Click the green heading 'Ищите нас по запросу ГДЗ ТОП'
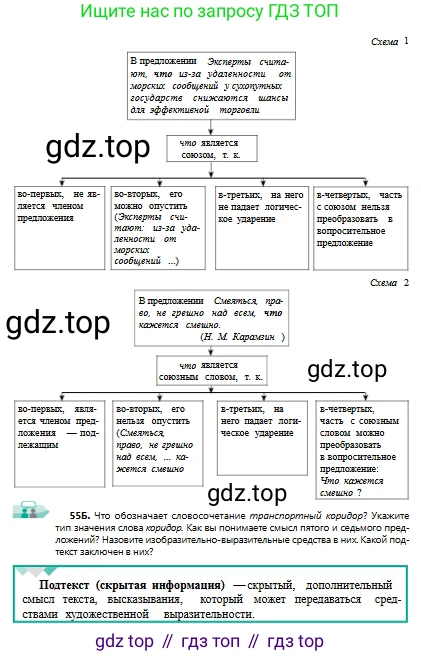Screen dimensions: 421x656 (209, 11)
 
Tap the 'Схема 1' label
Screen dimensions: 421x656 (390, 41)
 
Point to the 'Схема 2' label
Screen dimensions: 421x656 (389, 283)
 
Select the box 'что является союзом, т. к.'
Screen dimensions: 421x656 (212, 149)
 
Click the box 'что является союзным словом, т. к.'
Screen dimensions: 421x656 (211, 371)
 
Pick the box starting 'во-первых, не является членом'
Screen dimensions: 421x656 (59, 228)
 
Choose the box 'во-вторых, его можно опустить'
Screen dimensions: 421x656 (158, 228)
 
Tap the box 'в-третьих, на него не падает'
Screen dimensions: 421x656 (262, 228)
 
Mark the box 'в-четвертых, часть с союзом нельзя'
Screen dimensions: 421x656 (360, 228)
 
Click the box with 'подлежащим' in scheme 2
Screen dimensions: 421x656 (59, 444)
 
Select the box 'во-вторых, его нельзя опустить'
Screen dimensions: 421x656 (158, 443)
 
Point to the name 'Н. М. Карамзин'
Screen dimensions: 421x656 (239, 337)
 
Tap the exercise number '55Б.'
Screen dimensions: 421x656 (80, 515)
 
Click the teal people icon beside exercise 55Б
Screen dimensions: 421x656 (30, 510)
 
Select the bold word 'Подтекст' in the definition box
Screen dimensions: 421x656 (64, 584)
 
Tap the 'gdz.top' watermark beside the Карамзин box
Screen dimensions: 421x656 (58, 323)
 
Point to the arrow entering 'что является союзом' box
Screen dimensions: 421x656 (211, 128)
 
